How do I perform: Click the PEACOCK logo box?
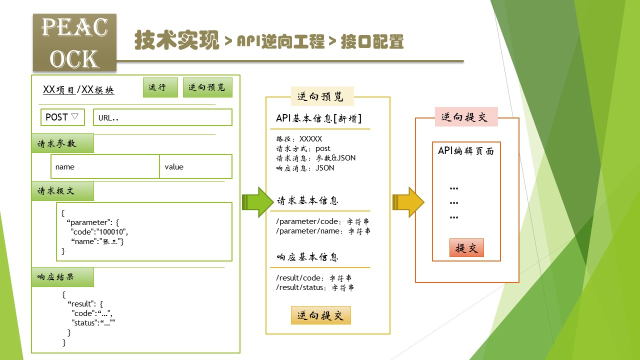[x=74, y=42]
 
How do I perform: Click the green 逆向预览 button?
[x=207, y=87]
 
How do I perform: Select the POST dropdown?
[x=62, y=117]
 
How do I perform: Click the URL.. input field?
[x=162, y=117]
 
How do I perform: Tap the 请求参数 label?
[x=62, y=143]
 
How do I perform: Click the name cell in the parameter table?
[x=105, y=166]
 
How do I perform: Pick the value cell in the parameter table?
[x=195, y=166]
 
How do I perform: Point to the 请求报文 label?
[x=62, y=191]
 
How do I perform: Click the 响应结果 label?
[x=62, y=277]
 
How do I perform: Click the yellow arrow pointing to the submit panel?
[x=408, y=202]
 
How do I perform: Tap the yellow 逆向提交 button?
[x=321, y=315]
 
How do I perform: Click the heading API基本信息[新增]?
[x=319, y=118]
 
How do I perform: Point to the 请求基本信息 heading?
[x=308, y=201]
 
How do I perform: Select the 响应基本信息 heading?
[x=308, y=257]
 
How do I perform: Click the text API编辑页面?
[x=466, y=151]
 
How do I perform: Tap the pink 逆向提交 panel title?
[x=466, y=117]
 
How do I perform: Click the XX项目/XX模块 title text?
[x=78, y=90]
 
